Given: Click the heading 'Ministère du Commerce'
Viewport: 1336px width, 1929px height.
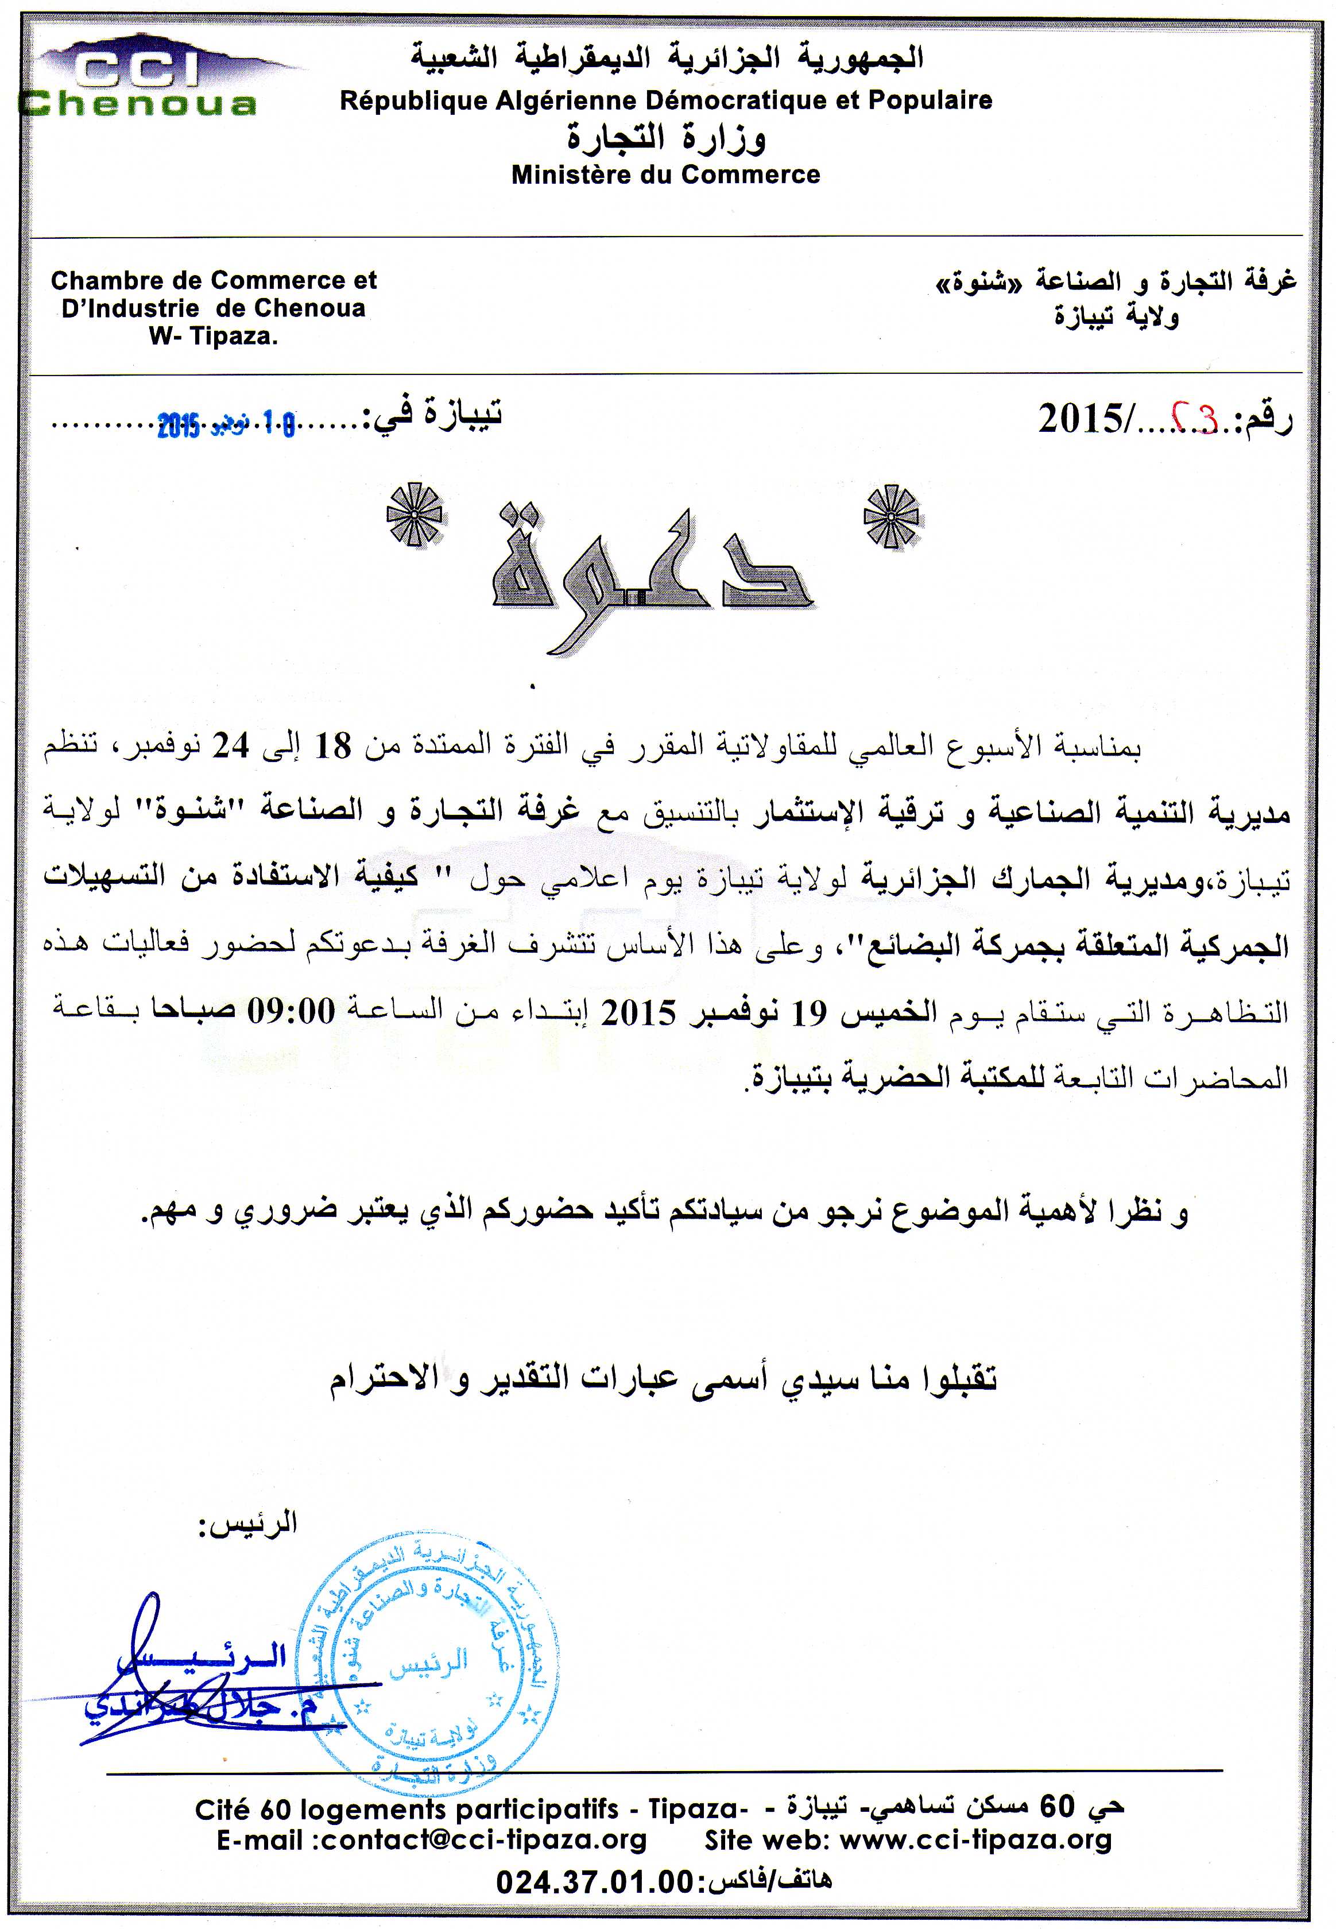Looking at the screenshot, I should pos(665,175).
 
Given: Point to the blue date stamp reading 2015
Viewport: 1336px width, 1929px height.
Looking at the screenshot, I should pos(226,426).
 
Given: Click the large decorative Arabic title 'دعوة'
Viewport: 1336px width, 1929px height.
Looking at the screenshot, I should pos(653,569).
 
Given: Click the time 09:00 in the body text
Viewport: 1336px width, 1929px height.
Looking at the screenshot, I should pos(291,1012).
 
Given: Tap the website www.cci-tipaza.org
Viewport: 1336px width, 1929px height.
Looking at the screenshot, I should pos(975,1839).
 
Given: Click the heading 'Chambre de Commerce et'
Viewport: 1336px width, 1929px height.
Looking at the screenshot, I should pos(214,280).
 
